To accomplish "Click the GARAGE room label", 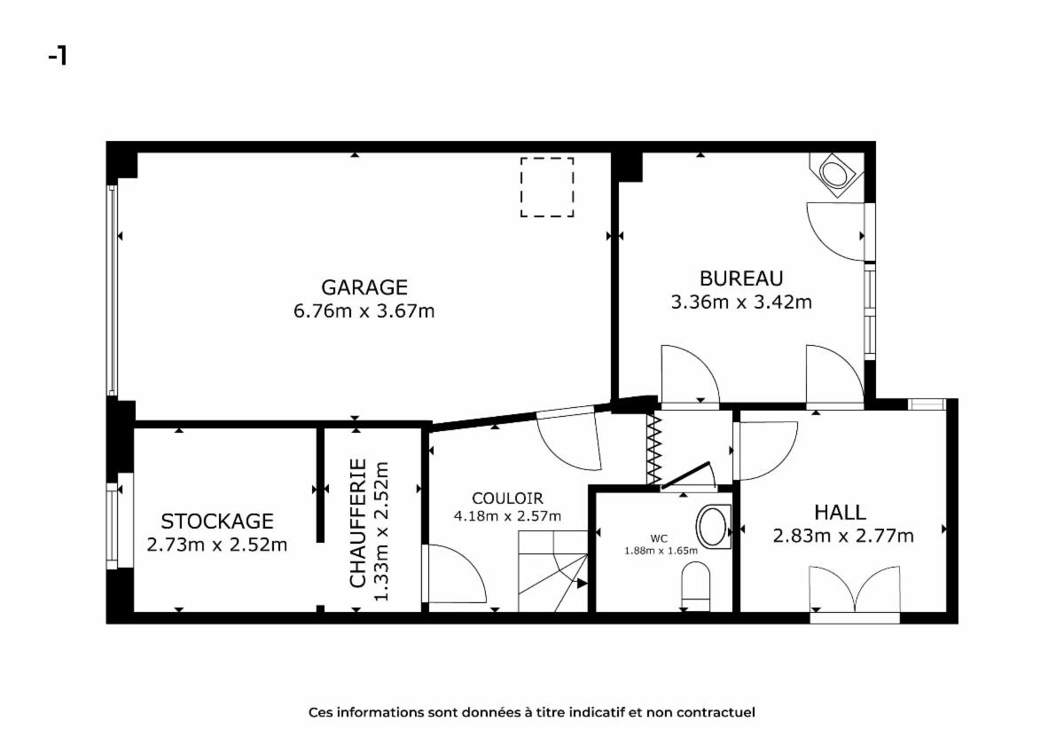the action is [x=364, y=287].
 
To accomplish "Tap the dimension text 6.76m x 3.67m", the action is [x=364, y=311].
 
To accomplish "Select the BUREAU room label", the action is [x=741, y=278].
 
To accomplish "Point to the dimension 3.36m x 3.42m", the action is [x=741, y=302].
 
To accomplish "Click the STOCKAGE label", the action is [x=217, y=522].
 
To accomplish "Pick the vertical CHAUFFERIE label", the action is [x=357, y=523].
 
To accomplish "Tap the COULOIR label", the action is [x=507, y=498].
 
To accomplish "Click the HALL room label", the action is [x=840, y=513].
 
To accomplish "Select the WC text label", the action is [x=659, y=538].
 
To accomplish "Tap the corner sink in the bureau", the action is [x=836, y=175].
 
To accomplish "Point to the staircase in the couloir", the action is [x=553, y=571].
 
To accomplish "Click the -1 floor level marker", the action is [x=58, y=57].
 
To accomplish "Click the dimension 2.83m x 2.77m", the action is [x=843, y=536].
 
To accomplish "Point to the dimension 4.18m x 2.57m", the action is [x=507, y=516].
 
